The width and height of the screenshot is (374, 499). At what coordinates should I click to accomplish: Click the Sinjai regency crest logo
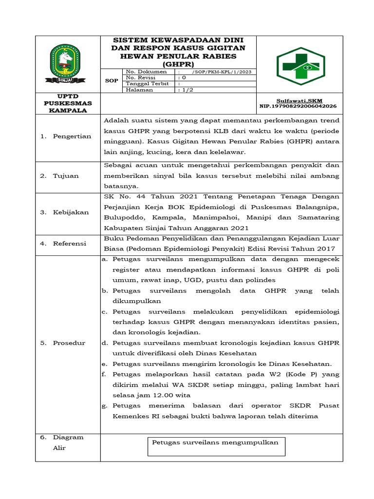[65, 63]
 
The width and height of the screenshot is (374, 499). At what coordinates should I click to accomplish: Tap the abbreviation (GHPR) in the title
[178, 64]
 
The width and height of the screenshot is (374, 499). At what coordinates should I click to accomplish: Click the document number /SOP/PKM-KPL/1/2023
[222, 72]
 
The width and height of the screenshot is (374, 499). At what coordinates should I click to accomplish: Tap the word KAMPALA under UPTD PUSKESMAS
[68, 110]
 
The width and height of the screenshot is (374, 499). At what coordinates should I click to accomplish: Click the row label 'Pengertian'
[72, 136]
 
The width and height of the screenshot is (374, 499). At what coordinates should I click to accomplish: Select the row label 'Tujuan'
[66, 175]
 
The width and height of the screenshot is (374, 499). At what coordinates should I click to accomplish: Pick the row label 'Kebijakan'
[71, 212]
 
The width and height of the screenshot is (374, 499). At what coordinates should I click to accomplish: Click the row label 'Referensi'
[70, 243]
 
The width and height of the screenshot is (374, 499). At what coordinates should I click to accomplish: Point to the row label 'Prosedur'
[69, 343]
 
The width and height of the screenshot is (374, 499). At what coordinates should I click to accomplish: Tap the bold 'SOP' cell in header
[112, 81]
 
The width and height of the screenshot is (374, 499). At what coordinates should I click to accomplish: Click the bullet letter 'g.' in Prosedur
[104, 405]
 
